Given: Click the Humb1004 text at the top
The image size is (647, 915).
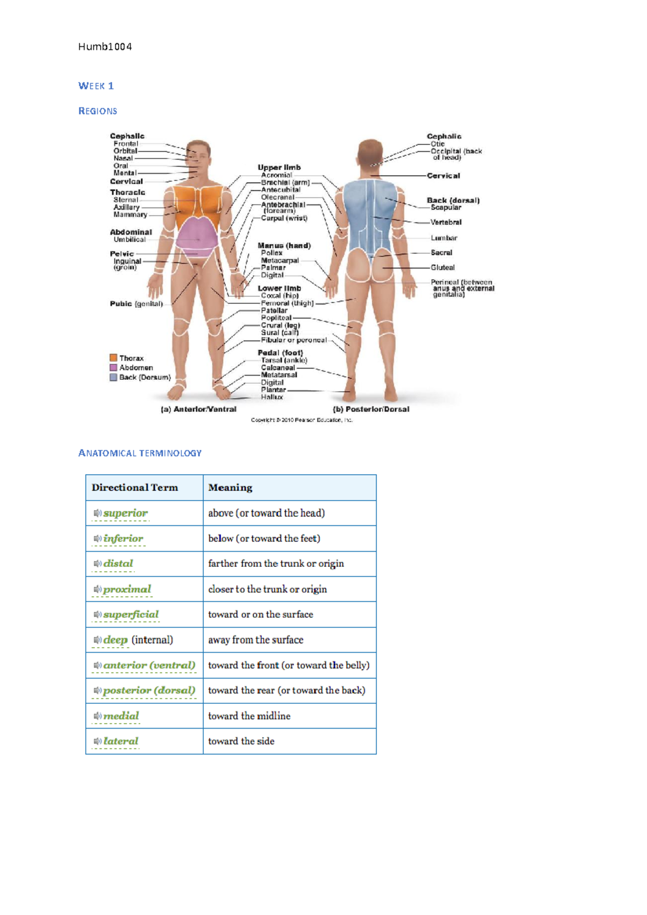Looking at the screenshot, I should point(105,47).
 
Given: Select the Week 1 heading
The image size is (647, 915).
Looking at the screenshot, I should point(96,86).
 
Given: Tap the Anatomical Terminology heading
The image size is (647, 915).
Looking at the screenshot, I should point(140,453).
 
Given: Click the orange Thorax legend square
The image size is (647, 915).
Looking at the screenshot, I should point(113,358).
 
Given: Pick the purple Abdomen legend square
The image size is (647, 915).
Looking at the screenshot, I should point(113,368).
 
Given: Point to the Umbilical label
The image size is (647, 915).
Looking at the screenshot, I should point(129,240).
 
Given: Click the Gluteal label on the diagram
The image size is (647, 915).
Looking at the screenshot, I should point(443,267).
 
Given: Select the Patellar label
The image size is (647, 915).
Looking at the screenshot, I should point(274,310).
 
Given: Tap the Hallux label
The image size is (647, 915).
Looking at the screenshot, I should point(272,397).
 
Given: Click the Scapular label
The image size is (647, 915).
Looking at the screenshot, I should point(446,207).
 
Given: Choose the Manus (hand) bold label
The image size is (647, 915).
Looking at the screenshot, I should point(284,246).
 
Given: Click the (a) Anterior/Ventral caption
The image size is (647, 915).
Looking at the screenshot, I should point(198,409).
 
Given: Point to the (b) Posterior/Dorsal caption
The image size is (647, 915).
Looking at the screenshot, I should point(371,409).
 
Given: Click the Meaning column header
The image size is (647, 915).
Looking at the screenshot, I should point(230,488).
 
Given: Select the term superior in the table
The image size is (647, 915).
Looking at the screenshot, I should point(125,513).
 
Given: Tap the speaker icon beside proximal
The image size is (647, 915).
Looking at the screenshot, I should point(98,589).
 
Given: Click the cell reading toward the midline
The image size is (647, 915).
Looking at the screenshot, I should point(249,716).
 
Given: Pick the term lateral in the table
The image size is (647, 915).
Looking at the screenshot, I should point(121,741).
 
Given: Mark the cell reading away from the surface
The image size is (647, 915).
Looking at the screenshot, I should point(256,640).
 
